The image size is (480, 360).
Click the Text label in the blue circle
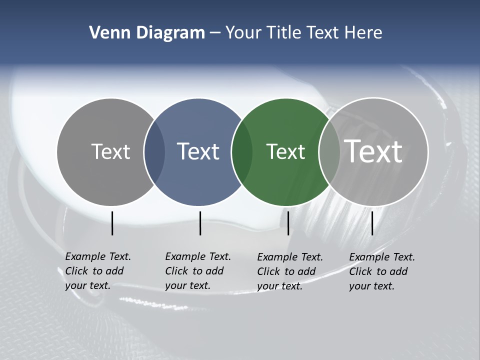[198, 151]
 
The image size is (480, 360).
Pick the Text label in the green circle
[285, 151]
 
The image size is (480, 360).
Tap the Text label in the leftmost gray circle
[110, 151]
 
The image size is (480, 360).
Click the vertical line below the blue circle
[200, 223]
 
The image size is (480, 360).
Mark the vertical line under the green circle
[288, 223]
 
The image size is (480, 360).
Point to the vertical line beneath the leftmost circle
[112, 223]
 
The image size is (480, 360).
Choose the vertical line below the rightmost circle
[372, 223]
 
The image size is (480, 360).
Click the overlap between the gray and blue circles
[154, 152]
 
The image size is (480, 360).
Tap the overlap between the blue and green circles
[242, 152]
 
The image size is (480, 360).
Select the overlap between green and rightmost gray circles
[329, 152]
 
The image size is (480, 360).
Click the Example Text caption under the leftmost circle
[98, 271]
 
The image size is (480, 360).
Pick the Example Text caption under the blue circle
[198, 271]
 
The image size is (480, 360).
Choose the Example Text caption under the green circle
[290, 271]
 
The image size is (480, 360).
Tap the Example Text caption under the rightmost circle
[382, 271]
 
